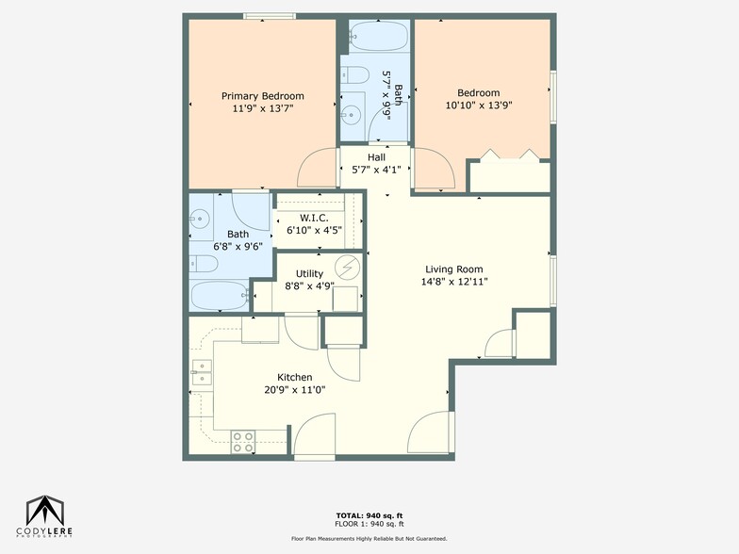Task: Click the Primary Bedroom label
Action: tap(262, 96)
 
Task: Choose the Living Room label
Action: tap(455, 268)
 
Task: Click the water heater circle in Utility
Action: tap(349, 269)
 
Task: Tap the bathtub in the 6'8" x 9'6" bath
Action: tap(220, 296)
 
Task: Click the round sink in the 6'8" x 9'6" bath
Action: tap(199, 220)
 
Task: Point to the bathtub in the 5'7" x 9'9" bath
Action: tap(377, 38)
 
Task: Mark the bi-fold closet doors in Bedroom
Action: tap(509, 155)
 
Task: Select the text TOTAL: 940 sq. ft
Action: tap(369, 514)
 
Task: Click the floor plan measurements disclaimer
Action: tap(369, 539)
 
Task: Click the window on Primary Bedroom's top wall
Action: tap(271, 16)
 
